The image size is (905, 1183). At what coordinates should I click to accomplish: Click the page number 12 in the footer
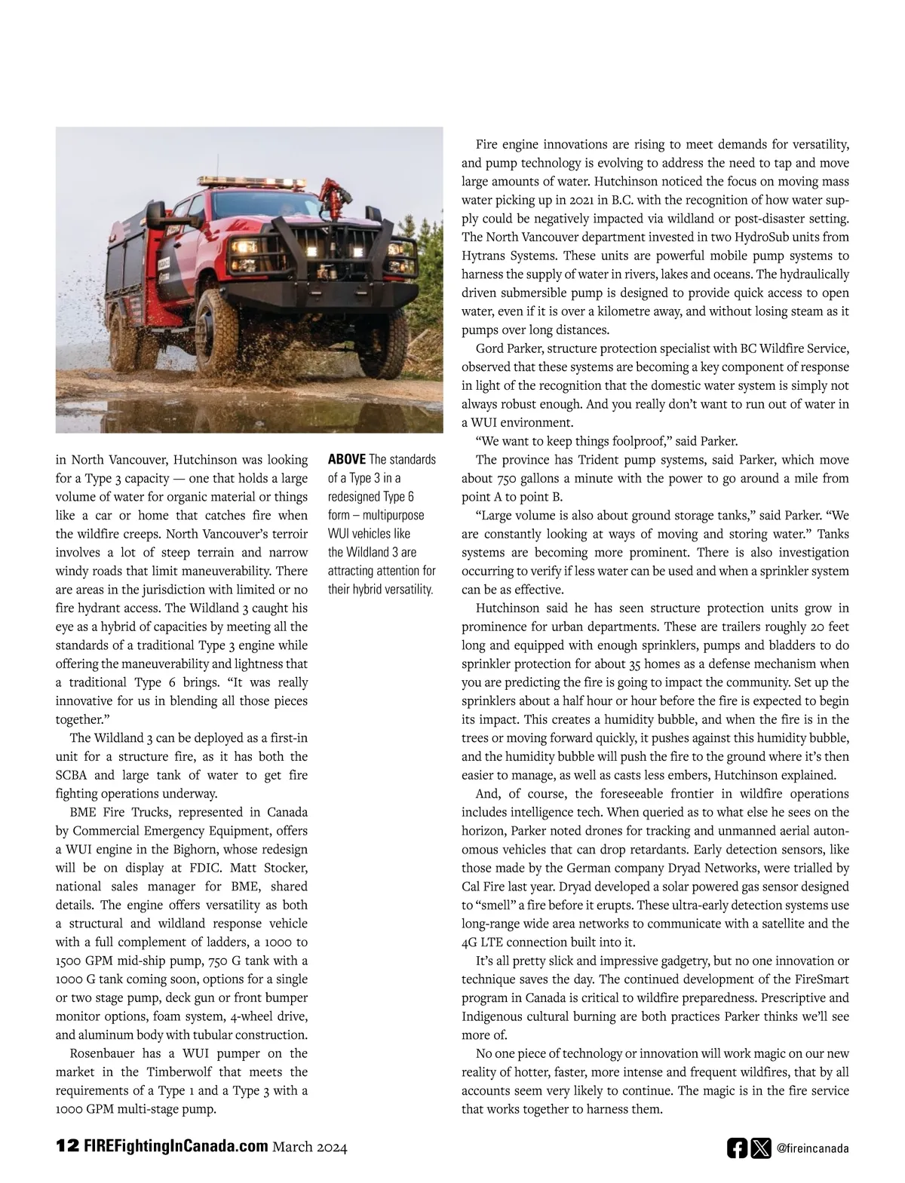coord(66,1146)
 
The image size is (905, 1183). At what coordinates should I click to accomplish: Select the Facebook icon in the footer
coord(737,1148)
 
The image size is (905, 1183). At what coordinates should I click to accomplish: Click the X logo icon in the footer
coord(760,1148)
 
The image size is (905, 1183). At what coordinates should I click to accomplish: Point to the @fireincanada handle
coord(812,1148)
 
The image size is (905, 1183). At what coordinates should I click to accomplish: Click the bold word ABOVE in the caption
coord(347,460)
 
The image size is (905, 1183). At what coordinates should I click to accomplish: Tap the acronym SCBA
coord(72,775)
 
